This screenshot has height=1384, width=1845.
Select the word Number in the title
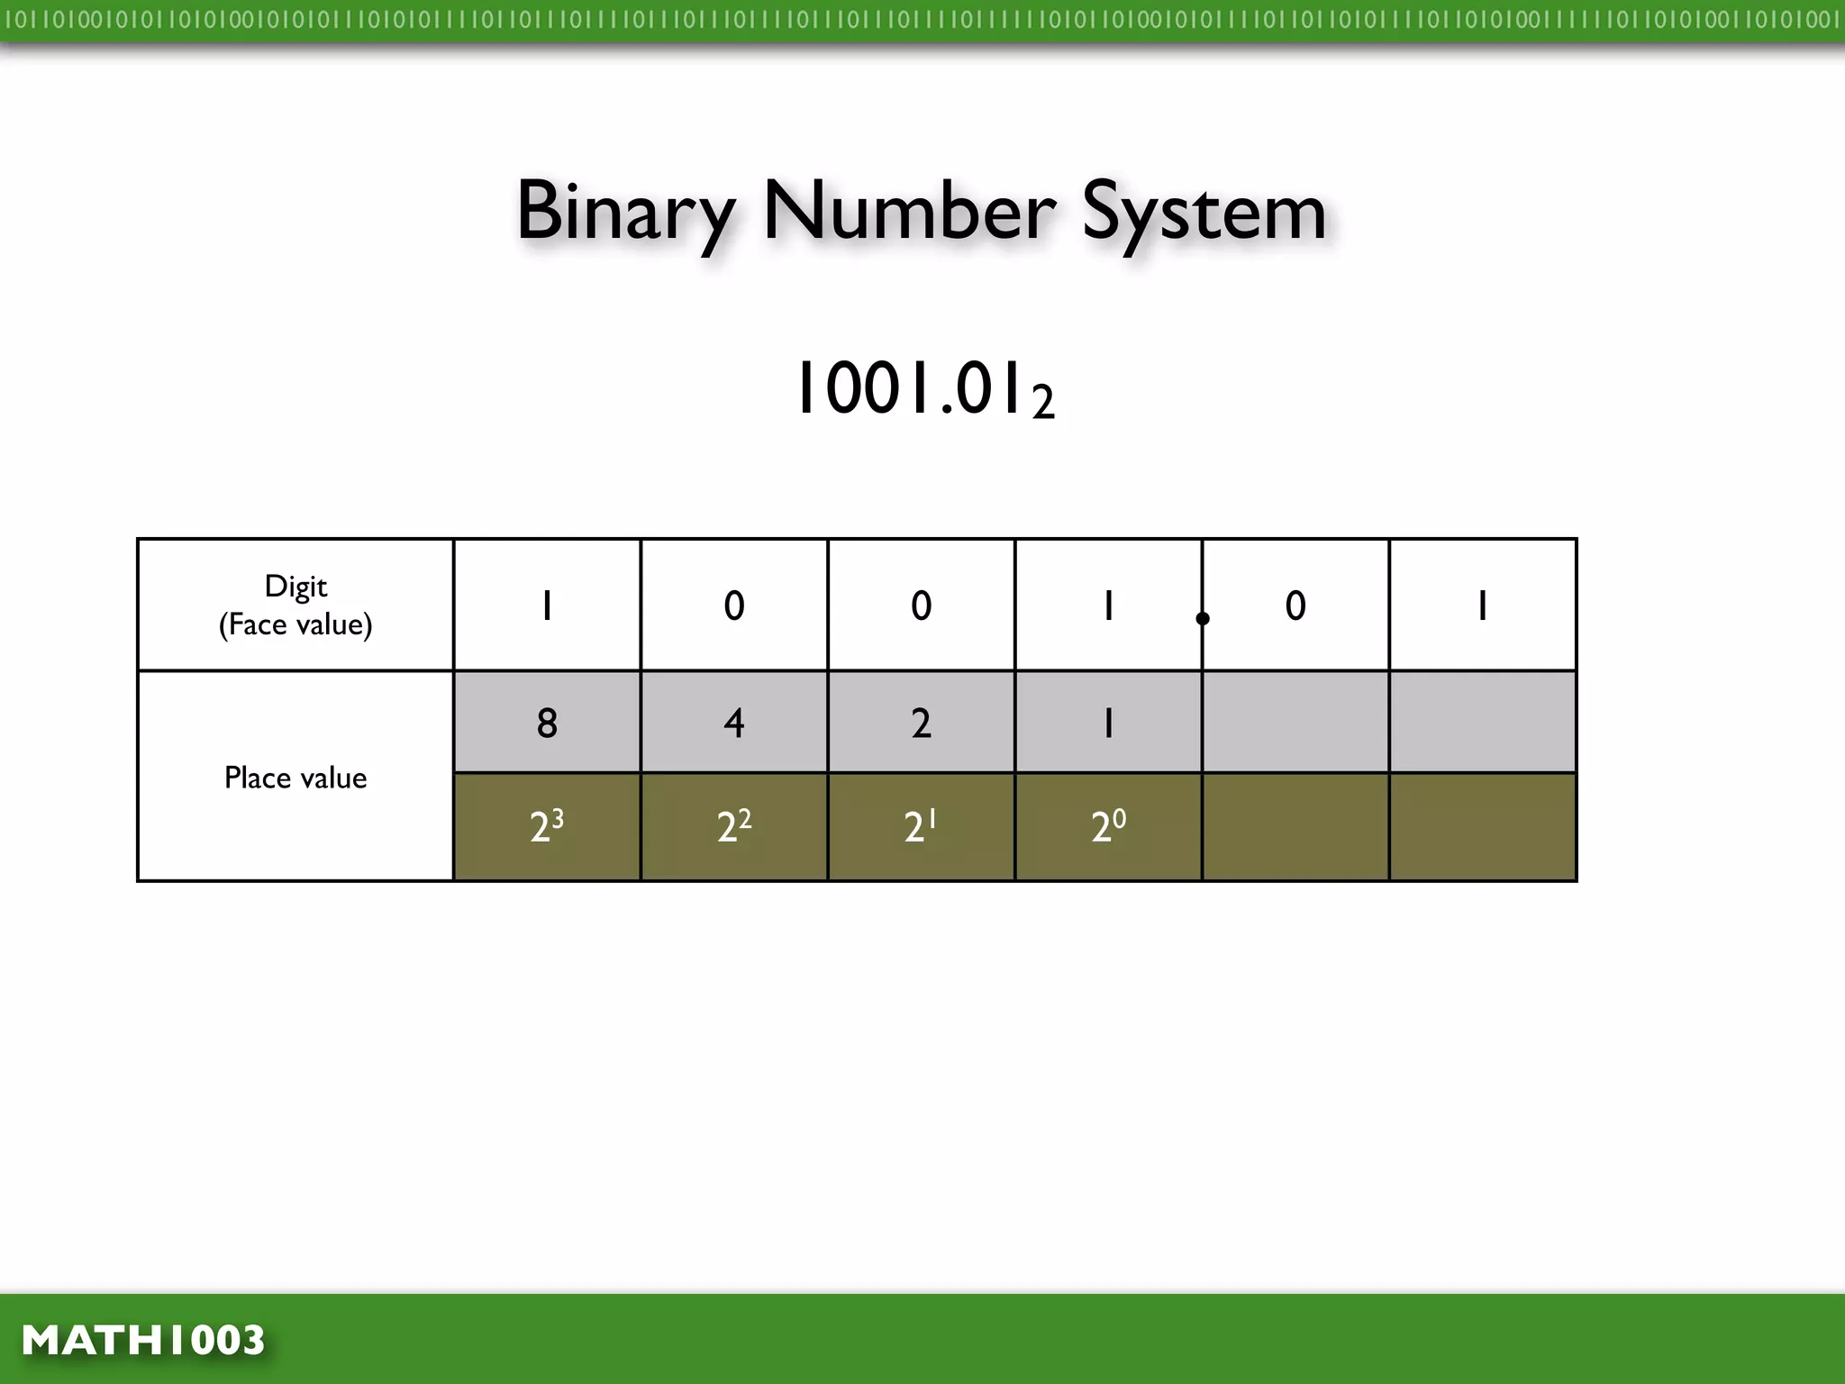(x=909, y=211)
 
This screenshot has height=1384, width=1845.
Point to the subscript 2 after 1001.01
(x=1043, y=403)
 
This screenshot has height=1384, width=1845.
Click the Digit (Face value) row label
(x=295, y=605)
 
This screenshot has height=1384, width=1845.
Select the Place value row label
(x=295, y=778)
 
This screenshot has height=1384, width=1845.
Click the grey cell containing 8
(x=547, y=723)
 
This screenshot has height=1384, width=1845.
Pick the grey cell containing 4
(x=734, y=723)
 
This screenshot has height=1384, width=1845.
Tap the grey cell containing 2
(x=921, y=723)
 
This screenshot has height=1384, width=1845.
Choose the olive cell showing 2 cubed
(x=547, y=825)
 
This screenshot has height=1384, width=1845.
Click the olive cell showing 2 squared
(x=734, y=825)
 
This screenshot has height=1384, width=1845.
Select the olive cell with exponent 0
(x=1108, y=825)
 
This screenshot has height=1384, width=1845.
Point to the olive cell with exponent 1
(x=921, y=825)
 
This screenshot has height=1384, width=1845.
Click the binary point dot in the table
(x=1203, y=618)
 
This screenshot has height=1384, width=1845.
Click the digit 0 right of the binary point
(x=1295, y=605)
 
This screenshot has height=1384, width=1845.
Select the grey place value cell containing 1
(x=1108, y=723)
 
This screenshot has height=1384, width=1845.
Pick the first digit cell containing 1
(x=547, y=605)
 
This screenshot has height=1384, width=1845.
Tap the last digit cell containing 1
(x=1483, y=605)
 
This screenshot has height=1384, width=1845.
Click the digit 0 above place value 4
(x=734, y=605)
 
